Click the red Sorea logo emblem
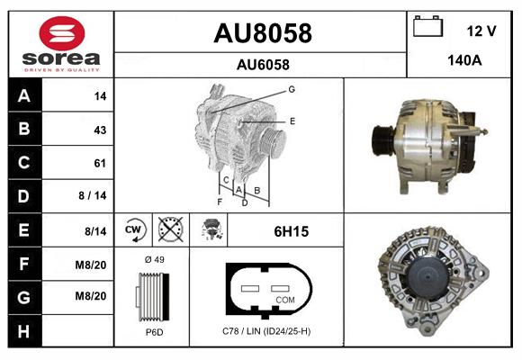coord(62,33)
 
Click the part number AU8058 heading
coord(263,33)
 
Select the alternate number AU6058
coord(263,65)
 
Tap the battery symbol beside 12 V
coord(427,26)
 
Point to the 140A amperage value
coord(464,60)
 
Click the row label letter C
coord(24,163)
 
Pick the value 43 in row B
coord(100,130)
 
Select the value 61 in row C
coord(100,163)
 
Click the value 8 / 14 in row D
coord(92,195)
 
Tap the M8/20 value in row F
coord(91,265)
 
